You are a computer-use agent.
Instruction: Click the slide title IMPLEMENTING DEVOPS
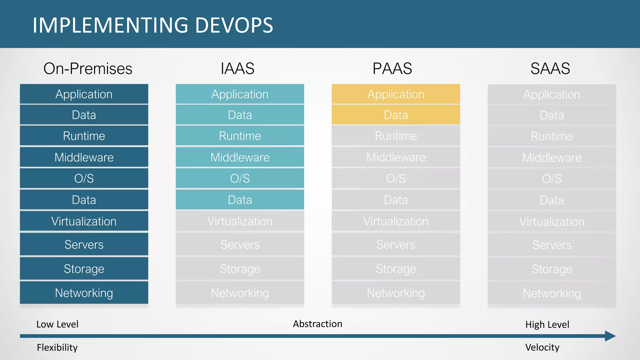pyautogui.click(x=153, y=25)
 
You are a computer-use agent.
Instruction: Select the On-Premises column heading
pyautogui.click(x=88, y=68)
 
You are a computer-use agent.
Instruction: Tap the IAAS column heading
pyautogui.click(x=237, y=68)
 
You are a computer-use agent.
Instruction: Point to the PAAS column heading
pyautogui.click(x=392, y=68)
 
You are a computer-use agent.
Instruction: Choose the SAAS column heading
pyautogui.click(x=550, y=68)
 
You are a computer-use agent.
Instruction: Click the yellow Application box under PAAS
pyautogui.click(x=396, y=94)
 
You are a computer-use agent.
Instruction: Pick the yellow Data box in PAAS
pyautogui.click(x=396, y=115)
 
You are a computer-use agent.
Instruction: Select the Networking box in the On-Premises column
pyautogui.click(x=84, y=293)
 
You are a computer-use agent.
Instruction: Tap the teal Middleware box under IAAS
pyautogui.click(x=240, y=157)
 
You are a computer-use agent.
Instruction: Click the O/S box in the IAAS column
pyautogui.click(x=240, y=178)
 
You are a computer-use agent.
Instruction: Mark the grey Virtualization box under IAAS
pyautogui.click(x=240, y=221)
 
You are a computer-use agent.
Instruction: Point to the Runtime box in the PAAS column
pyautogui.click(x=396, y=136)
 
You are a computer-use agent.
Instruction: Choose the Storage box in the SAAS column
pyautogui.click(x=552, y=269)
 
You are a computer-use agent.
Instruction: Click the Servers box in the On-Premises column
pyautogui.click(x=84, y=244)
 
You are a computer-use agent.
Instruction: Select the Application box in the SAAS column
pyautogui.click(x=552, y=94)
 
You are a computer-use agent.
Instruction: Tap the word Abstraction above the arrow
pyautogui.click(x=317, y=324)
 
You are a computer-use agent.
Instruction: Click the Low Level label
pyautogui.click(x=57, y=324)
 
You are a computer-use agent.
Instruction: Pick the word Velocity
pyautogui.click(x=542, y=347)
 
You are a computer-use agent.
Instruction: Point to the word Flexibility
pyautogui.click(x=57, y=347)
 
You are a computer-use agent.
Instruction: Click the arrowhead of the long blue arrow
pyautogui.click(x=610, y=336)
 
